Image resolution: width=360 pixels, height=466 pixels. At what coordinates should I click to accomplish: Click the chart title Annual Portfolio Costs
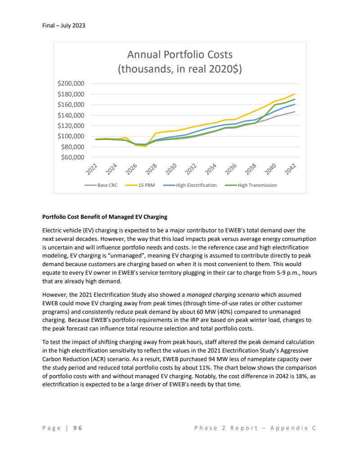[x=180, y=55]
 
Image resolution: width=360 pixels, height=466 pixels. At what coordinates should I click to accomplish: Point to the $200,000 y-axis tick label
[x=71, y=84]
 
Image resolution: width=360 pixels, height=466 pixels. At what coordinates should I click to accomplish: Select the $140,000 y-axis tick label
[x=71, y=115]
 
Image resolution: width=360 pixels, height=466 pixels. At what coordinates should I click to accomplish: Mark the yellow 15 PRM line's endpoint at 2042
[x=294, y=94]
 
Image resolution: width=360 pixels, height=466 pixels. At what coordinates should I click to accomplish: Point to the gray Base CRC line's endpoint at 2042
[x=294, y=112]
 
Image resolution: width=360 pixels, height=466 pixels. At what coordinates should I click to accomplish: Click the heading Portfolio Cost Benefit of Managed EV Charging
[x=104, y=217]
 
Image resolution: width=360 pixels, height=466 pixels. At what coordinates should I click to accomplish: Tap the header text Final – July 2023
[x=61, y=26]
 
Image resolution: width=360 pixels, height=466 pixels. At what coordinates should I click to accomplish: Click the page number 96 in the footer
[x=78, y=428]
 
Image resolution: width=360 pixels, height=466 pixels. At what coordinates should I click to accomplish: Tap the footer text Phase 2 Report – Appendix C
[x=255, y=428]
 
